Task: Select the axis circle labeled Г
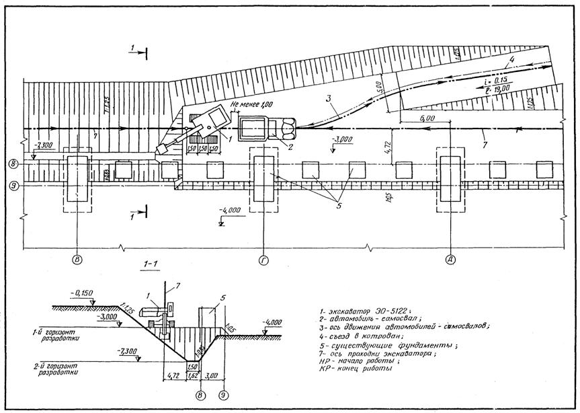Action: click(263, 258)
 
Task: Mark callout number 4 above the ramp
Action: click(513, 59)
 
